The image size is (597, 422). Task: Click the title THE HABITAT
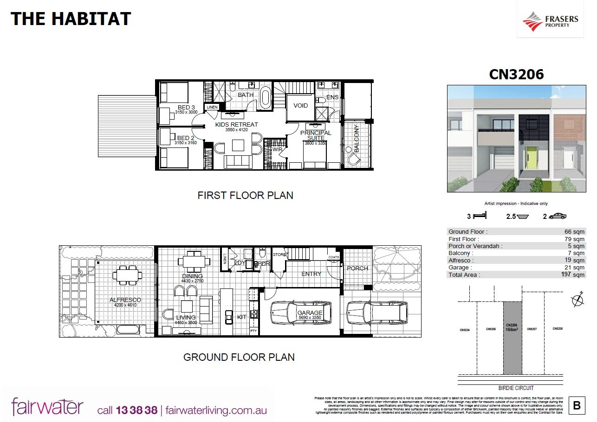[71, 19]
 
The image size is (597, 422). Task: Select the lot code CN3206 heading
[516, 74]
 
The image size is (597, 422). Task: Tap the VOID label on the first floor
[300, 106]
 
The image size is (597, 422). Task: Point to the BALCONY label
[357, 139]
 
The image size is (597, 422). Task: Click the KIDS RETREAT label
[236, 124]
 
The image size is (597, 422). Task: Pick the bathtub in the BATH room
[265, 97]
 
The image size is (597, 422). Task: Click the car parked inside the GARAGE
[301, 314]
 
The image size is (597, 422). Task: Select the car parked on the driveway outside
[377, 313]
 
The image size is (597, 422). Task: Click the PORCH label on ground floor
[357, 268]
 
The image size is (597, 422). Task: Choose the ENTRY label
[311, 274]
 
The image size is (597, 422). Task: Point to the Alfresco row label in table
[461, 261]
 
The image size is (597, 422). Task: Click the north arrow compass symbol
[578, 301]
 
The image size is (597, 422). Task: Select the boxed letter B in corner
[577, 406]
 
